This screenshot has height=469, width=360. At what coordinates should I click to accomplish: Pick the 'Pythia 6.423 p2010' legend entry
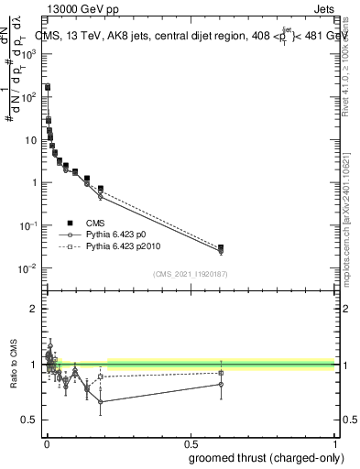click(122, 247)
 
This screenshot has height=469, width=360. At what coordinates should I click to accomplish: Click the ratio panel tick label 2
click(34, 309)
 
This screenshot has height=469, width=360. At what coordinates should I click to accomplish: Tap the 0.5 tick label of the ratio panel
click(31, 420)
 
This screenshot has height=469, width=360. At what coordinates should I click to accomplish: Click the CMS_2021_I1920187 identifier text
click(191, 274)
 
